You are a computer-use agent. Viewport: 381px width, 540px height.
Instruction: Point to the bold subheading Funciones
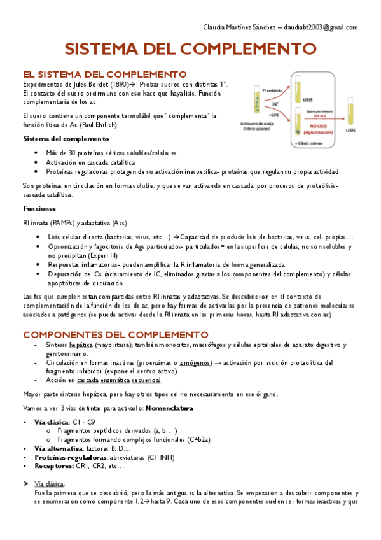(x=39, y=209)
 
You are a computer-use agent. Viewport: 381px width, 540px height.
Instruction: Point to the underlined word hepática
(x=81, y=345)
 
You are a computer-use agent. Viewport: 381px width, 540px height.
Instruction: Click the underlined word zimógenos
(x=195, y=362)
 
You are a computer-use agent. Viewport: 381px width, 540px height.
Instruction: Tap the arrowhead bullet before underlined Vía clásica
(x=25, y=484)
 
